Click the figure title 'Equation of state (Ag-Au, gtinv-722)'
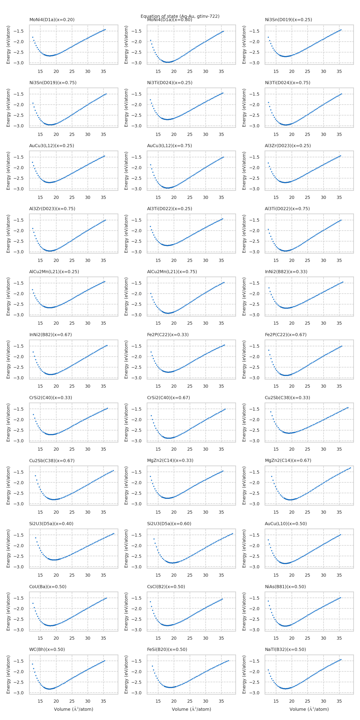(180, 16)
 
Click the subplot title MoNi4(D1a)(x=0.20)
(52, 20)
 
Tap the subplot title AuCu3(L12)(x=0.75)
(169, 146)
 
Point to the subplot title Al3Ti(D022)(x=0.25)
(169, 209)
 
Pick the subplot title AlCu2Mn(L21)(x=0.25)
(54, 271)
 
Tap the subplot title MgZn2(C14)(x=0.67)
(288, 460)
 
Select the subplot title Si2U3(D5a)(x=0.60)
(169, 524)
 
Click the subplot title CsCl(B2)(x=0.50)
(166, 586)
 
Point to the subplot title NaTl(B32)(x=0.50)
(285, 649)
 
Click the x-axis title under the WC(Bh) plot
(74, 709)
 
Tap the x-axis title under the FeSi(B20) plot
(191, 709)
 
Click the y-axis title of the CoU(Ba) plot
(8, 612)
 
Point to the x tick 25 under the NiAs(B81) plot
(307, 638)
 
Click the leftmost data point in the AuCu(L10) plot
(268, 540)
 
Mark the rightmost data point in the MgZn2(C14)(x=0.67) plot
(350, 468)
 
